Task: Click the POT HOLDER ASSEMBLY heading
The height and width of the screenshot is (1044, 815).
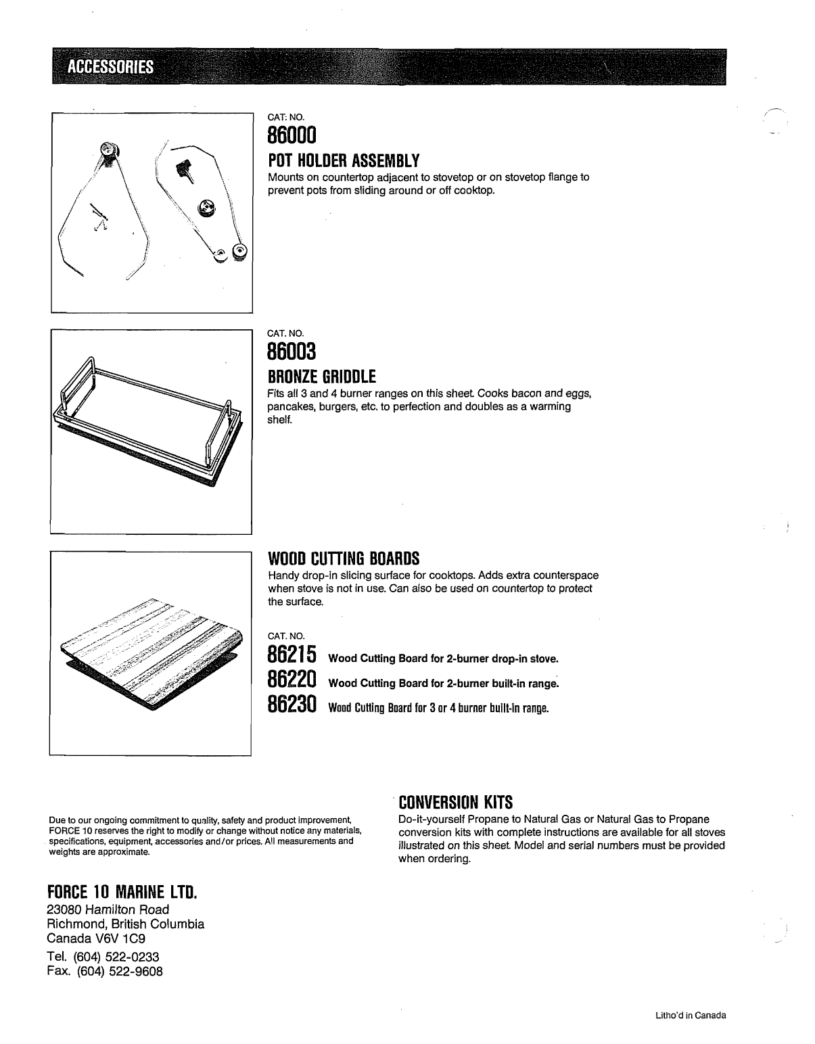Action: click(x=344, y=161)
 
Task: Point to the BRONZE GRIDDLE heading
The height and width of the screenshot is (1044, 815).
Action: click(x=322, y=376)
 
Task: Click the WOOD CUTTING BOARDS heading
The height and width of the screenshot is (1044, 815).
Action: click(x=344, y=559)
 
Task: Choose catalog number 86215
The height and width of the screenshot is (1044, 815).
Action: click(x=292, y=655)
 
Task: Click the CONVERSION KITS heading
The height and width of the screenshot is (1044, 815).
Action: click(x=456, y=803)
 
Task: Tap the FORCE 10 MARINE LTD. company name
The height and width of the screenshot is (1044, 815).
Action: click(x=121, y=893)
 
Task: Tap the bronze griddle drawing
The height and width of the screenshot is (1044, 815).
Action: click(x=142, y=419)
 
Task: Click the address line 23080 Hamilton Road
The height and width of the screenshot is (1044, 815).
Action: click(x=108, y=909)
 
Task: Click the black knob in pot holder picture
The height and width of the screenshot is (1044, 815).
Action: click(x=183, y=170)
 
